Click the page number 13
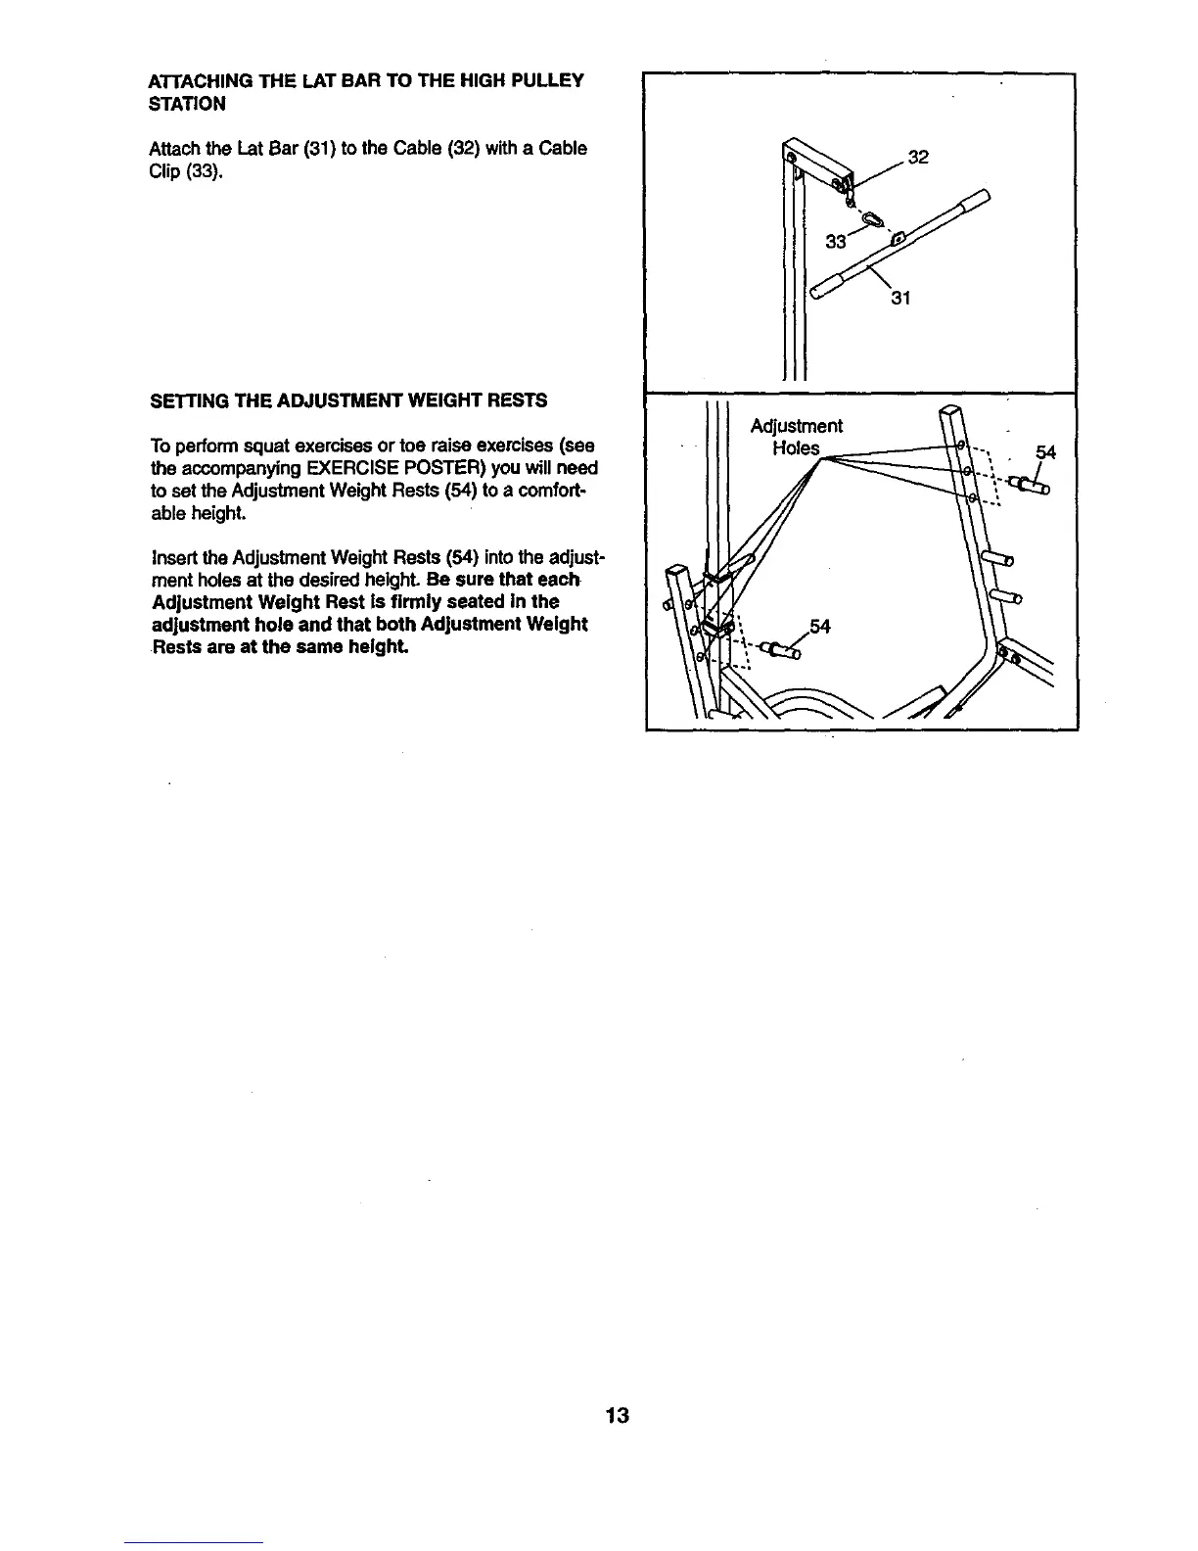pos(618,1415)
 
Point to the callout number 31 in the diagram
pos(900,299)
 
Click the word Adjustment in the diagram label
pos(796,426)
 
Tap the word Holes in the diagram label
pos(796,448)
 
